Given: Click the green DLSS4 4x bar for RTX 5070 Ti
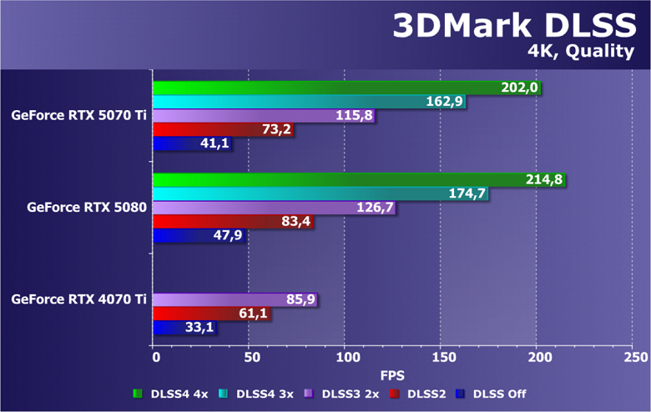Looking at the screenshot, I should click(x=334, y=88).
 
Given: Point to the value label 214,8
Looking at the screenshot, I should click(x=544, y=179).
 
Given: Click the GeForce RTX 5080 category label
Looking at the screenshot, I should click(x=87, y=208).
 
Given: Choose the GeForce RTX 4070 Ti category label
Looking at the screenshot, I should click(x=79, y=299).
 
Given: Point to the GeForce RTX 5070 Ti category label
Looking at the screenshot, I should click(x=79, y=116).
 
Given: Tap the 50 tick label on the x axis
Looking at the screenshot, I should click(x=249, y=358).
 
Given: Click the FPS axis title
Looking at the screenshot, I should click(x=395, y=376).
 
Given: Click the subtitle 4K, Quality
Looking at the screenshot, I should click(x=580, y=52).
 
